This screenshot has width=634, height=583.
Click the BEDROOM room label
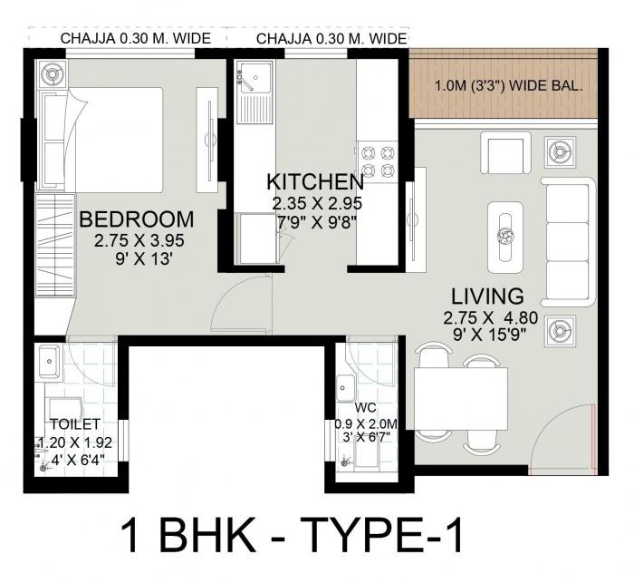[x=137, y=219]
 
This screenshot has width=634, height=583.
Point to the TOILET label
[x=74, y=424]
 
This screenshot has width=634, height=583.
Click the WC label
[x=365, y=407]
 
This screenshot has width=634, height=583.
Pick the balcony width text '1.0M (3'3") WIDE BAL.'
[x=507, y=88]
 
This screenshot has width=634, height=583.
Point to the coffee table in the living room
[x=505, y=236]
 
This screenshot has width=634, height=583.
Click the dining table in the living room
[x=461, y=399]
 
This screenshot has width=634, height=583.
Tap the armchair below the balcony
[x=504, y=151]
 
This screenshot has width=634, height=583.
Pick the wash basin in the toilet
[x=50, y=364]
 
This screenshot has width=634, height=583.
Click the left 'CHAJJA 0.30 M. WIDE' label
[x=136, y=38]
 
